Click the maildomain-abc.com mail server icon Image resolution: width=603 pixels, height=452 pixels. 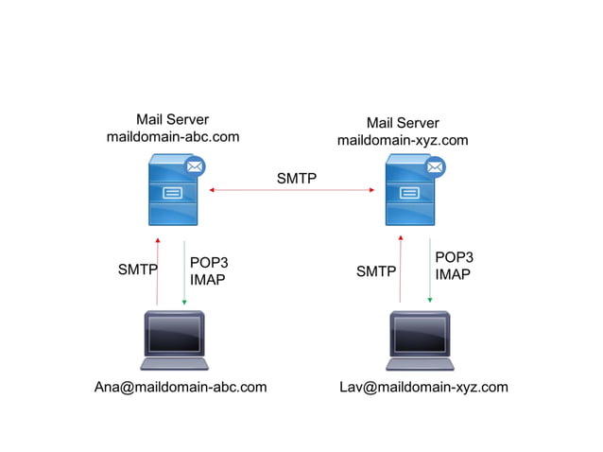[x=172, y=193]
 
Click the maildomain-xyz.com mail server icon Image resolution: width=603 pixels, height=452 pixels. [x=409, y=193]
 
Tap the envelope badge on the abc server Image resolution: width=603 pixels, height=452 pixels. [x=196, y=167]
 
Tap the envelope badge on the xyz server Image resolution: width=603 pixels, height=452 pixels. [x=435, y=167]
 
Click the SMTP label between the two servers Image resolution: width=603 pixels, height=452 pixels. [x=297, y=178]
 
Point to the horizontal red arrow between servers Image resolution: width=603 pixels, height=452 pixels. [x=293, y=191]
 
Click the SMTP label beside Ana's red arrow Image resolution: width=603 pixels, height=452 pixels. [x=137, y=269]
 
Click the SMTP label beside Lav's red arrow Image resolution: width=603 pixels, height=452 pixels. [x=375, y=271]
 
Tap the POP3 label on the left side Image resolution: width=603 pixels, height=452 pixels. [x=209, y=263]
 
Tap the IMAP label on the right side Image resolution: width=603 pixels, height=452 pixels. [x=453, y=274]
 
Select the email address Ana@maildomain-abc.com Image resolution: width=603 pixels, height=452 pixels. [x=181, y=387]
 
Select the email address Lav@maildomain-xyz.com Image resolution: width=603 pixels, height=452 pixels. [x=423, y=387]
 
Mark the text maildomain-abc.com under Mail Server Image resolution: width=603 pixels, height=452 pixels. [x=173, y=136]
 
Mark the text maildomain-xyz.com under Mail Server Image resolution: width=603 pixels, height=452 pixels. [x=403, y=140]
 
